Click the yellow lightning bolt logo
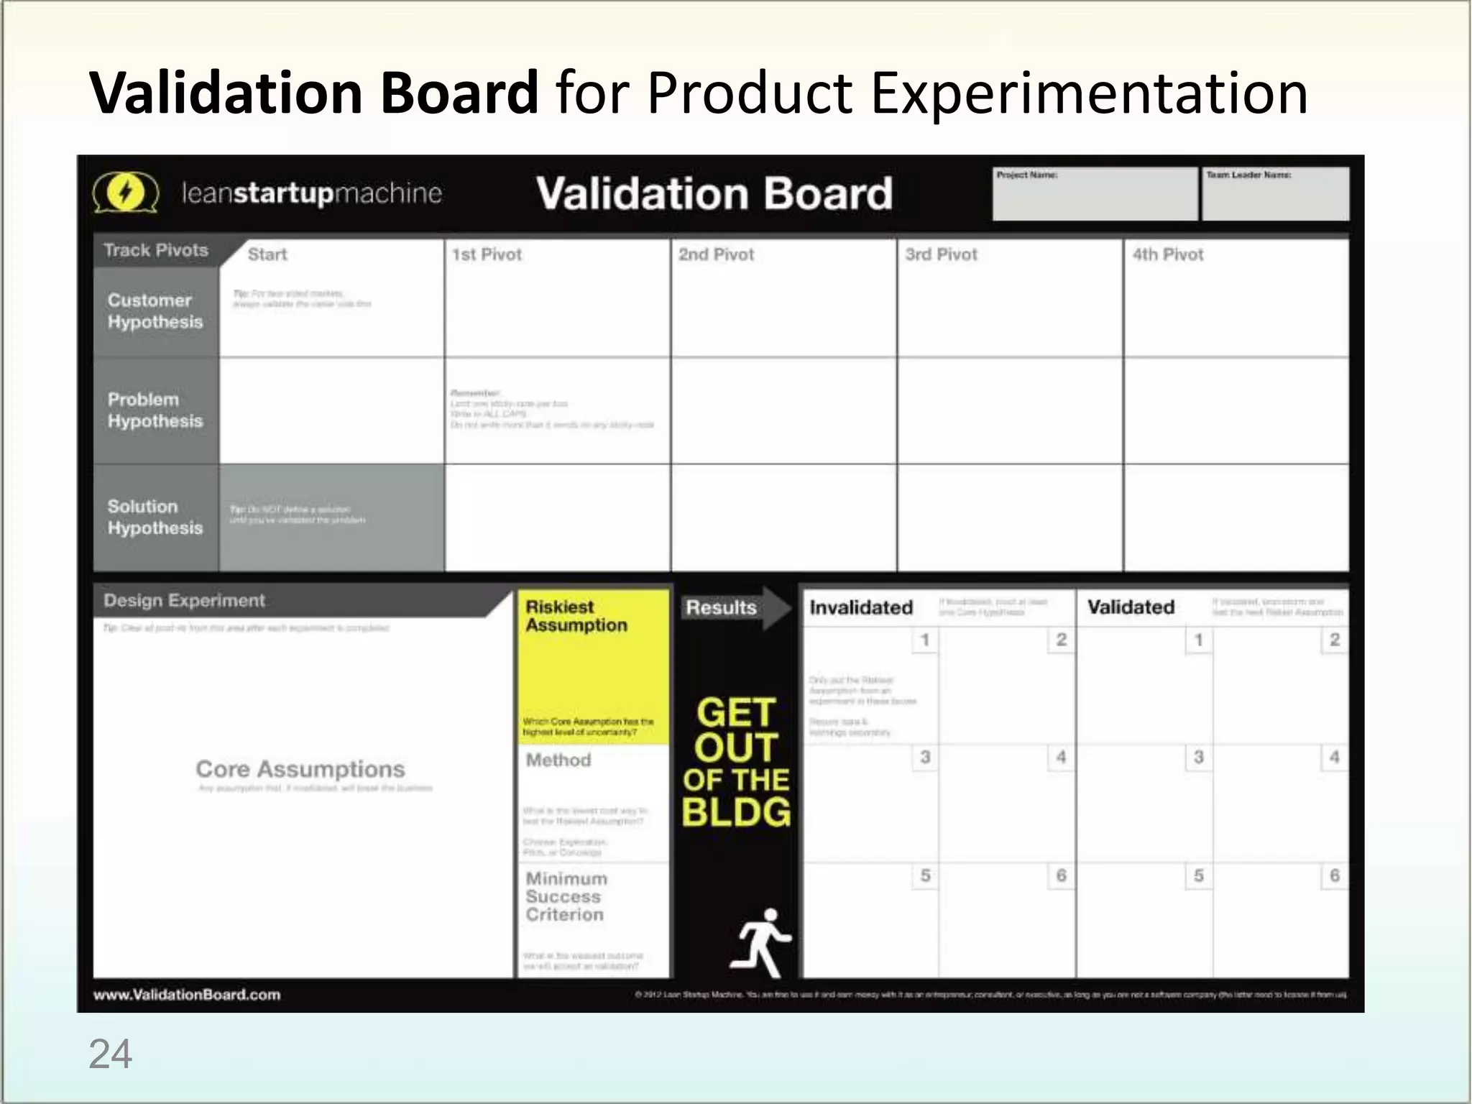point(125,193)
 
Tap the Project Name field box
point(1094,194)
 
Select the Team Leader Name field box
point(1275,194)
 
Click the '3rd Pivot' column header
point(941,254)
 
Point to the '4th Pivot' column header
point(1167,254)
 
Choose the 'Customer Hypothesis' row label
point(155,311)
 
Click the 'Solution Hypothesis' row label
point(155,517)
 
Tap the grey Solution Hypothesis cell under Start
point(331,517)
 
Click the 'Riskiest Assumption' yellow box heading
point(576,616)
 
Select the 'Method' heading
point(558,760)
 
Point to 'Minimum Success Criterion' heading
point(566,896)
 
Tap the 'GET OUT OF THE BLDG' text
point(736,762)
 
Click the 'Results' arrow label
point(721,608)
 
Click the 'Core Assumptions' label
point(300,769)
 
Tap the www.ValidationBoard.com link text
point(187,995)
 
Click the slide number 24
point(110,1054)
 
